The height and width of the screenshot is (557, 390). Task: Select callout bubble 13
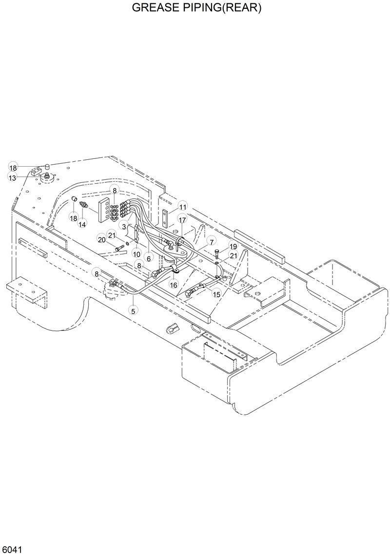pos(12,178)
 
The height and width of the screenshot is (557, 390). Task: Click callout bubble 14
pos(82,224)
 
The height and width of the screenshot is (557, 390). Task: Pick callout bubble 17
pos(182,220)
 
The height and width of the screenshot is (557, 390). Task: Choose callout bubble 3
pos(125,227)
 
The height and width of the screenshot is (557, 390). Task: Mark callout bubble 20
pos(101,239)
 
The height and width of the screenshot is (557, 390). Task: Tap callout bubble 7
pos(211,242)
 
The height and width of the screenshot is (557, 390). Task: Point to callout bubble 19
pos(233,247)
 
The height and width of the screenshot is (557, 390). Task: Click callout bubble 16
pos(174,284)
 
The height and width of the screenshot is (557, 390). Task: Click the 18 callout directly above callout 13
pos(13,168)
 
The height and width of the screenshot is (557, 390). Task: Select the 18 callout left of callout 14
pos(73,218)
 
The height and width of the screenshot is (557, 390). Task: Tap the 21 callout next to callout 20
pos(112,235)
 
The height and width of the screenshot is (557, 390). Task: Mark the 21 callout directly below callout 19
pos(234,256)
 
